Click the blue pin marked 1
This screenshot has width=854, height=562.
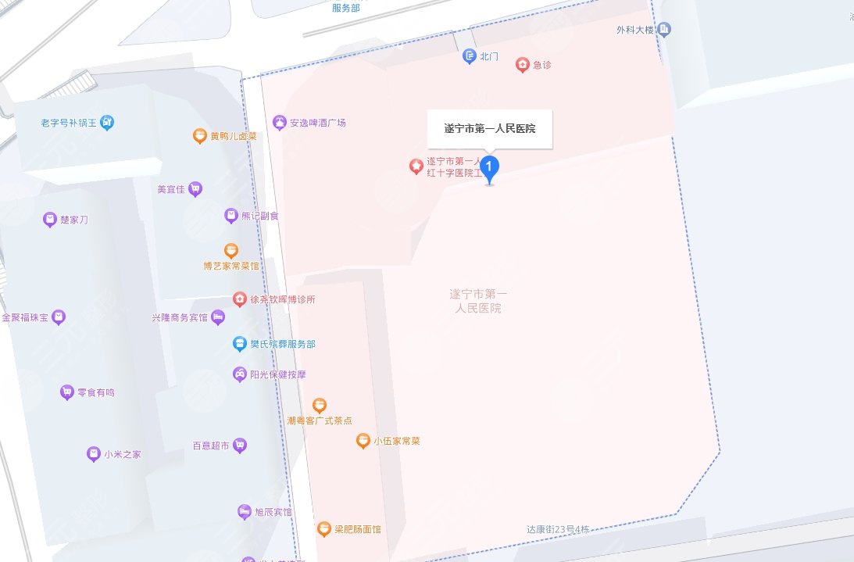489,167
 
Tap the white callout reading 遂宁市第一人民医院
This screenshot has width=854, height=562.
490,129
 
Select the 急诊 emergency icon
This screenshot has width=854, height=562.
523,65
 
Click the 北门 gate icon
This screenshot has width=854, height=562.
469,56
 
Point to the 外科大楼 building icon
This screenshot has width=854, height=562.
665,30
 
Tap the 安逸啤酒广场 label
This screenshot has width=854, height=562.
317,123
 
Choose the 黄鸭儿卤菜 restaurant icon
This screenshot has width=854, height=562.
200,136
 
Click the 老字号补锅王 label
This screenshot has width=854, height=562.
70,123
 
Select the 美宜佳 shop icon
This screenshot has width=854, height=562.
195,188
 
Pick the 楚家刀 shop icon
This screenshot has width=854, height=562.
50,220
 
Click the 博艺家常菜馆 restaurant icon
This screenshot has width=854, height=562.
231,251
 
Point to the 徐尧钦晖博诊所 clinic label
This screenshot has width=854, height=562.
283,299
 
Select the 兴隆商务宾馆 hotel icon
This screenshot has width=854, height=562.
218,317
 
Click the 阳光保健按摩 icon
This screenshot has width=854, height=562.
239,374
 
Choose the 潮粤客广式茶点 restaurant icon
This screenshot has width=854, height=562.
319,405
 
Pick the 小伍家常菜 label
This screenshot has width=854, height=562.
396,441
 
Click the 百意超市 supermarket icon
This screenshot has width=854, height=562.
240,446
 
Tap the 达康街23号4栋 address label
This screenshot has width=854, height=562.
558,529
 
